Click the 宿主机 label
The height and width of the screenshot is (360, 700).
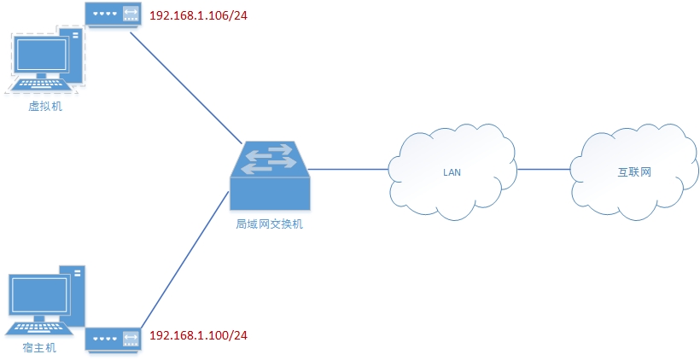(x=40, y=348)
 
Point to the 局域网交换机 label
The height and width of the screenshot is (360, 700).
(x=269, y=224)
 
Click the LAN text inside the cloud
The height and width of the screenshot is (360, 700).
(x=452, y=171)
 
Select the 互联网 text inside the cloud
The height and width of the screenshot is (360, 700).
(x=634, y=171)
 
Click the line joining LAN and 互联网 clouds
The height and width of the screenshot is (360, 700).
(x=543, y=169)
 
